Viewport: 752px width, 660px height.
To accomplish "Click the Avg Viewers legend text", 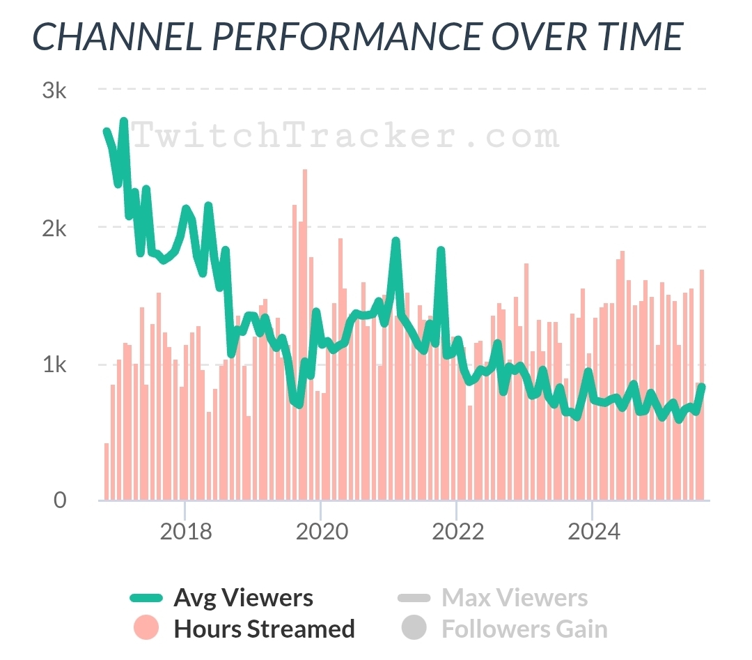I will tap(243, 598).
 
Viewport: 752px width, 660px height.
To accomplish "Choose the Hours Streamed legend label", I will tap(264, 629).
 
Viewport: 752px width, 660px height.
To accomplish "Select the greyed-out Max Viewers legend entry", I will tap(514, 598).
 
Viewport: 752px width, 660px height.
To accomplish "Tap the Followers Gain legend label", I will tap(524, 629).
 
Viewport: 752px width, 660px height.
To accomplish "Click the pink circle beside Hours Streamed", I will tap(146, 628).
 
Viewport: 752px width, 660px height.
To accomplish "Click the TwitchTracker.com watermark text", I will tap(345, 136).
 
